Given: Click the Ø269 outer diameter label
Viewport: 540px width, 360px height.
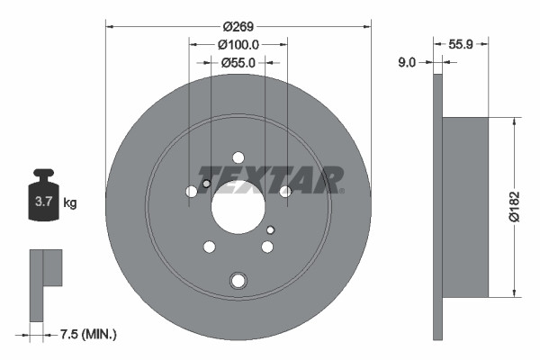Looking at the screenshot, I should click(238, 27).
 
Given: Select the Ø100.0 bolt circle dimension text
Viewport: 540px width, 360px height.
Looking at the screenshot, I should click(238, 44).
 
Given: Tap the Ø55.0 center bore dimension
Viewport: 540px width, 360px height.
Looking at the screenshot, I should click(238, 62).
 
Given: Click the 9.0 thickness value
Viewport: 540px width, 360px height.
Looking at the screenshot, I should click(407, 62).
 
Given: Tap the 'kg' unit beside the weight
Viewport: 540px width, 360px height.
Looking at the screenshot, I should click(69, 203).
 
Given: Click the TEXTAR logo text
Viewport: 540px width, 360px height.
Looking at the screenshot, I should click(270, 178).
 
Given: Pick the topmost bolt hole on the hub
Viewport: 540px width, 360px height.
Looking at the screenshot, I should click(238, 157).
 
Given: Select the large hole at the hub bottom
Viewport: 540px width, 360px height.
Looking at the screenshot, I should click(238, 281).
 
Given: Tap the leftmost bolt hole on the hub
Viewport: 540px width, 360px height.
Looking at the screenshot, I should click(191, 192).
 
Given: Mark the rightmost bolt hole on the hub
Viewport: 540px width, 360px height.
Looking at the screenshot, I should click(285, 192).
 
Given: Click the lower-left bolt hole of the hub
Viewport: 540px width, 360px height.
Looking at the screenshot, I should click(209, 247).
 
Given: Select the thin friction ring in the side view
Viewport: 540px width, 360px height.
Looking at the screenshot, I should click(438, 207).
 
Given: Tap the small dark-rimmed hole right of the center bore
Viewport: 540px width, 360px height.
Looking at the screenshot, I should click(270, 229).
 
